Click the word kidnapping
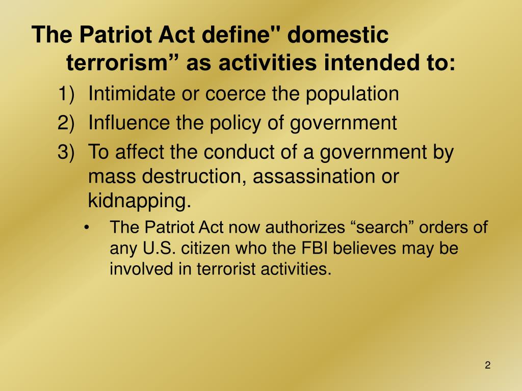click(139, 201)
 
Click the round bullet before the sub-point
click(89, 227)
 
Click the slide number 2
click(488, 366)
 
